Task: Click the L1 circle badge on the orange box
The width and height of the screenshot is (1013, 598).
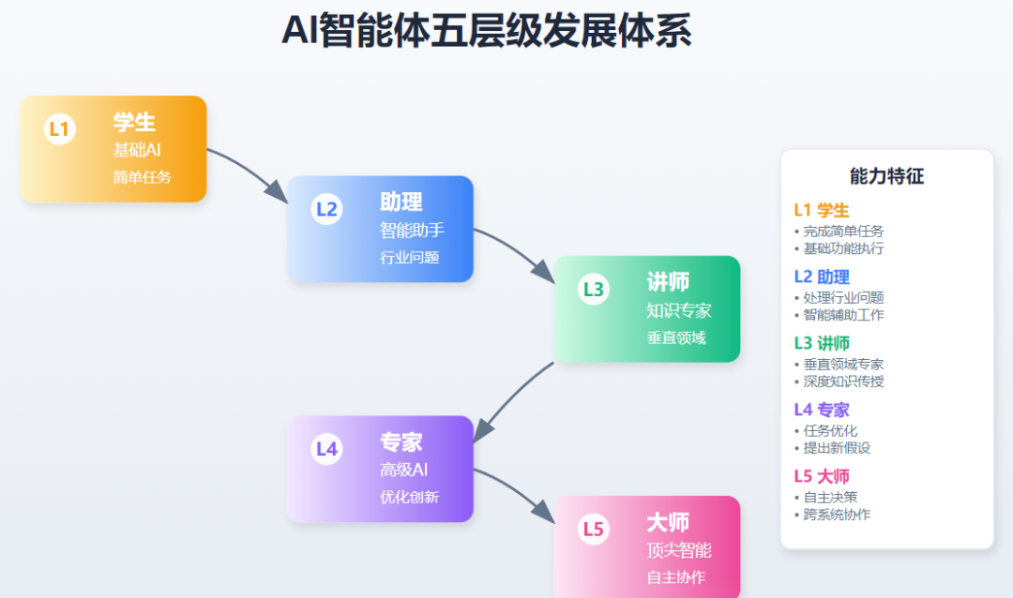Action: pyautogui.click(x=59, y=129)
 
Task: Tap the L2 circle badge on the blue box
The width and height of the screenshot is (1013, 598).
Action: pyautogui.click(x=326, y=209)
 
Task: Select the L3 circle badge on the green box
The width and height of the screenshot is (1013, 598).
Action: pyautogui.click(x=594, y=289)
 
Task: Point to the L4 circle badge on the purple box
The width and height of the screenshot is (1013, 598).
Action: pyautogui.click(x=326, y=449)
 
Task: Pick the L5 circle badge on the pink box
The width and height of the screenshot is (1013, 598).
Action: pyautogui.click(x=594, y=529)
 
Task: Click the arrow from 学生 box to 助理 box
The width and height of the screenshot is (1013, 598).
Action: pyautogui.click(x=249, y=171)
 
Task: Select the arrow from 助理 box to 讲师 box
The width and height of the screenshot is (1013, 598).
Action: pyautogui.click(x=516, y=250)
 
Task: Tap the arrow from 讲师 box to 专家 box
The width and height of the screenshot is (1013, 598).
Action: pyautogui.click(x=513, y=399)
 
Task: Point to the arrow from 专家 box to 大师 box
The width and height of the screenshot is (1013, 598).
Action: pyautogui.click(x=516, y=491)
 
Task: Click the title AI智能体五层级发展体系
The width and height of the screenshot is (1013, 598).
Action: pyautogui.click(x=487, y=32)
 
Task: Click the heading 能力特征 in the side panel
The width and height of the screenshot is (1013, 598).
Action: pyautogui.click(x=886, y=176)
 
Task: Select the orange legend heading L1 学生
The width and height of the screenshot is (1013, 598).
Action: pyautogui.click(x=821, y=210)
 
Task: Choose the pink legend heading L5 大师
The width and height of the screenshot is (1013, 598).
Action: pyautogui.click(x=821, y=476)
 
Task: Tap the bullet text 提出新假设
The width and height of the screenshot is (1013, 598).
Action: pyautogui.click(x=838, y=448)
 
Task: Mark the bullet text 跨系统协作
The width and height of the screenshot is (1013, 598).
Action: pyautogui.click(x=838, y=515)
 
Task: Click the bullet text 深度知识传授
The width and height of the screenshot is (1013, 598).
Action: pyautogui.click(x=844, y=381)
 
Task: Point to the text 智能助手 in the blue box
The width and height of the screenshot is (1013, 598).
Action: pyautogui.click(x=412, y=231)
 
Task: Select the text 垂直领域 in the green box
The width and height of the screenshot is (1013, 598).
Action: pyautogui.click(x=675, y=337)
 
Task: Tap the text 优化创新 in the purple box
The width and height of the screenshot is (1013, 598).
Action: pyautogui.click(x=409, y=498)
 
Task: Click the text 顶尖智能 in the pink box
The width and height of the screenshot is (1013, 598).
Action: pyautogui.click(x=679, y=550)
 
